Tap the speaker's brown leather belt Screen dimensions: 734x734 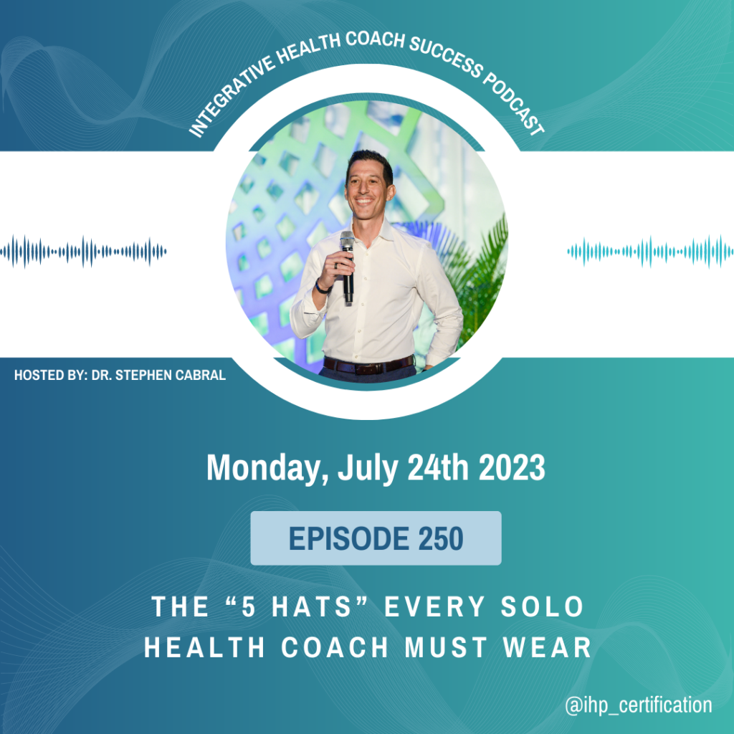[369, 365]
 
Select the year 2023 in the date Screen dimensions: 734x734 [512, 467]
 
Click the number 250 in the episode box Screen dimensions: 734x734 [441, 538]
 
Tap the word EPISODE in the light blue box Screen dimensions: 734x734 [349, 538]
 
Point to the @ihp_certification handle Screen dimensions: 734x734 [639, 705]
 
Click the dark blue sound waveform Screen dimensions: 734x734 [83, 252]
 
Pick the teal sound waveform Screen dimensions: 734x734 [651, 252]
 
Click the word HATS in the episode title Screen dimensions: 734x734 [311, 606]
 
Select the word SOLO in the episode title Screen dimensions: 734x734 [542, 606]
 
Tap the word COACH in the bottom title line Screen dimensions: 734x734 [335, 648]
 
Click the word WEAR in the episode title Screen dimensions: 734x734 [547, 648]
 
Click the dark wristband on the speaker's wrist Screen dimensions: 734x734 [321, 287]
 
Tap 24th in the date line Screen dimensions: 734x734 [438, 467]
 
